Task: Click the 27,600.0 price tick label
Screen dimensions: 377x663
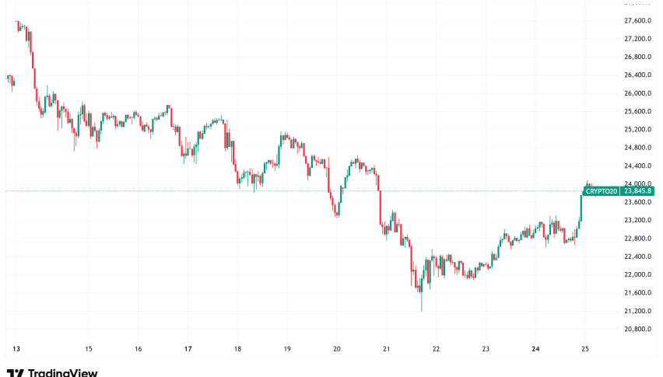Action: [637, 20]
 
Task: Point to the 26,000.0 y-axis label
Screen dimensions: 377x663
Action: [637, 93]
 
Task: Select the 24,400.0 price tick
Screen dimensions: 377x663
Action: [637, 166]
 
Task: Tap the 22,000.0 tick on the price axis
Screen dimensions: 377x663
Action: [637, 274]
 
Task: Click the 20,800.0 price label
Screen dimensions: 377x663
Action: [637, 329]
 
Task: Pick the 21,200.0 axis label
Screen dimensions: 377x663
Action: [637, 311]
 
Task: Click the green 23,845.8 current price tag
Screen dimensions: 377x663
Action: [638, 191]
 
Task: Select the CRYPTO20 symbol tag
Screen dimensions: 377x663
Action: [602, 191]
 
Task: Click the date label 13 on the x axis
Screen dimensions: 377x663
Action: [16, 348]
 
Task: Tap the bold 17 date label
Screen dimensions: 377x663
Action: [188, 348]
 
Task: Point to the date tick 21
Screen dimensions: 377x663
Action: [387, 348]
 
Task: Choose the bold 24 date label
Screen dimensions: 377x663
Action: [536, 348]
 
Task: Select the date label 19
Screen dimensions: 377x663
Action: [287, 348]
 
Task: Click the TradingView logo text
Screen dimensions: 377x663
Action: [61, 372]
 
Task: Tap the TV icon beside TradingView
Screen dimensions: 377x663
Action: [14, 372]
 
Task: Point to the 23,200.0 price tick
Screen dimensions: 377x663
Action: [637, 220]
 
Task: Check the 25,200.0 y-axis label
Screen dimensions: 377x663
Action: [637, 129]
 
